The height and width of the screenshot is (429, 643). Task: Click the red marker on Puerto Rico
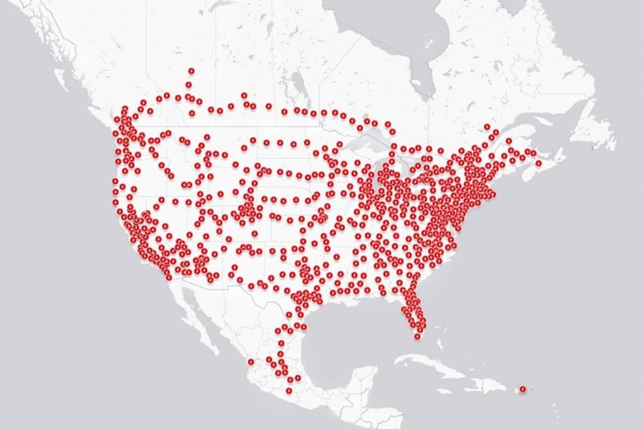click(522, 388)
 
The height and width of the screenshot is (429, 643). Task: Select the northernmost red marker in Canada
click(192, 71)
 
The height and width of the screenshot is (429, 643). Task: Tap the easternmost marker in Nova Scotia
click(539, 163)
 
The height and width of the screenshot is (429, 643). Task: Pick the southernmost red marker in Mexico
click(289, 391)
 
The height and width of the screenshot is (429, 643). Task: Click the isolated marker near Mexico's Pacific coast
click(250, 361)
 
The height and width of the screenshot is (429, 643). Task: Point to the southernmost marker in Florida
click(417, 336)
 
